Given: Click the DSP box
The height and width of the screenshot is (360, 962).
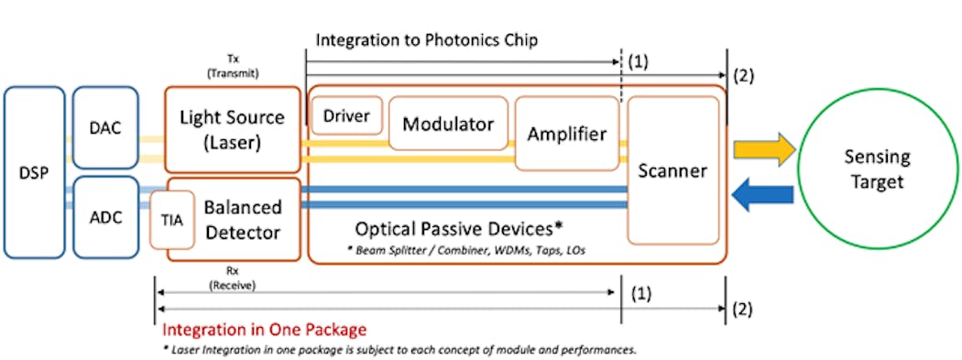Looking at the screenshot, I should (34, 172).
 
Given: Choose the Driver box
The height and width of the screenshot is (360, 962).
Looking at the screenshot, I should (347, 116).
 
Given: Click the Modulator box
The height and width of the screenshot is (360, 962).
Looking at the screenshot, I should (448, 124).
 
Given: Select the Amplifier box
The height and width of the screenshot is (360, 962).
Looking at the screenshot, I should (566, 134).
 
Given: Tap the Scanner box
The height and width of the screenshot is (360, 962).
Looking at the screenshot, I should (672, 170).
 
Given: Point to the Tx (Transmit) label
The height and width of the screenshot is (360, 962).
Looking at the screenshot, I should (232, 64).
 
